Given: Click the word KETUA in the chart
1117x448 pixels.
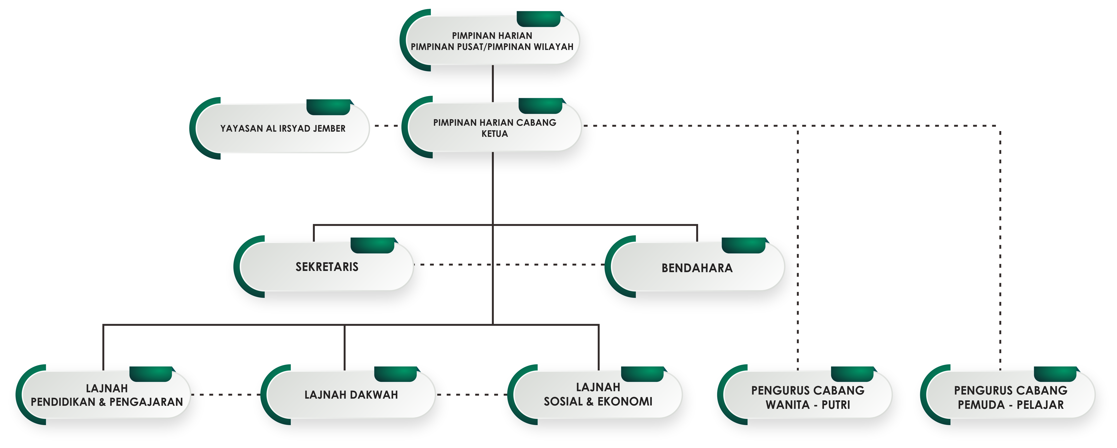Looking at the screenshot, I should click(x=494, y=134).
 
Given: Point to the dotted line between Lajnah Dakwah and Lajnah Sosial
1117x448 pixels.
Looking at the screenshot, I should click(x=471, y=395).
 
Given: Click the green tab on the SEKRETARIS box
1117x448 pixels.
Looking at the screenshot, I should click(x=372, y=245).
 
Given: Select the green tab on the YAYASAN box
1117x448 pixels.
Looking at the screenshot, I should click(x=328, y=107).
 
